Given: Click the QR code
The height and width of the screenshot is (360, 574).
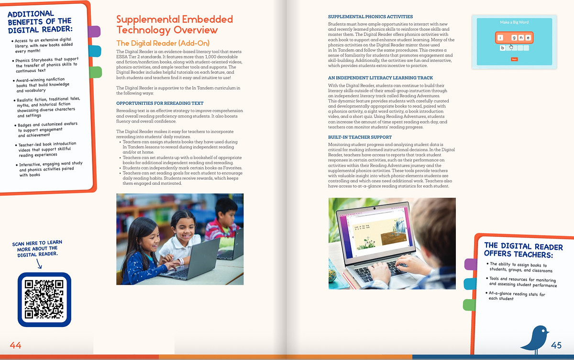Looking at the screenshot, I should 44,299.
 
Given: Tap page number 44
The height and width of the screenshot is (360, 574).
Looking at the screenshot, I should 15,345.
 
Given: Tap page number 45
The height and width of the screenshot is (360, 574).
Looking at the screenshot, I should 556,345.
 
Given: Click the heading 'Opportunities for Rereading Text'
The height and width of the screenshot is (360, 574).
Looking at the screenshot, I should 160,103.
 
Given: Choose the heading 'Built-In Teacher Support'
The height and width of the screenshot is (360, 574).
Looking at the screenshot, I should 360,137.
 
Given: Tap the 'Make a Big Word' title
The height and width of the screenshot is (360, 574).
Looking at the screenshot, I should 514,22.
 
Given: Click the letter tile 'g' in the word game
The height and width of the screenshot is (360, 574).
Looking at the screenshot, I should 514,37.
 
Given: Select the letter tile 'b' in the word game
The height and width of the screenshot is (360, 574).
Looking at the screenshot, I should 503,48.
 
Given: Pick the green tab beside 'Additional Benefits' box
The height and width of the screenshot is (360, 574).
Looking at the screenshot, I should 95,72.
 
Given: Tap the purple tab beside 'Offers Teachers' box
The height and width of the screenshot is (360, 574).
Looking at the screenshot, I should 471,264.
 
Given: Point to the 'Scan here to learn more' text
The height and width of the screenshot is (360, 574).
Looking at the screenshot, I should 37,248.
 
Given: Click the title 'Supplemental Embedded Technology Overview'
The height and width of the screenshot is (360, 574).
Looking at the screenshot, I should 175,25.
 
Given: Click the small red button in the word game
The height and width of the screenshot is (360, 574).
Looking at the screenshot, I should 514,59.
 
